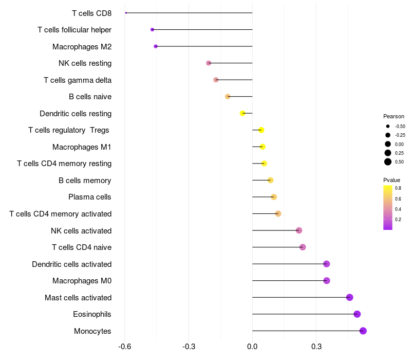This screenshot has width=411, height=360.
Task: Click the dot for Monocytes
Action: [363, 331]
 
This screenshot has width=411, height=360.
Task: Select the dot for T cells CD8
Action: [126, 13]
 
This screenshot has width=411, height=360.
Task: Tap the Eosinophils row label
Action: [92, 314]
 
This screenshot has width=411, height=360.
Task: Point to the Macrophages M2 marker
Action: [156, 46]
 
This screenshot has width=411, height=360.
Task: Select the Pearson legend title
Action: [394, 116]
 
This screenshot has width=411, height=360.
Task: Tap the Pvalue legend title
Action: [391, 180]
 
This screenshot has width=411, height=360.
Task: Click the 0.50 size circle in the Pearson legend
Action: [388, 162]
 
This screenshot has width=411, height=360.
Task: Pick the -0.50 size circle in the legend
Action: [388, 126]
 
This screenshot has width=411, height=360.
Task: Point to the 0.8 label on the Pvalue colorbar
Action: [398, 188]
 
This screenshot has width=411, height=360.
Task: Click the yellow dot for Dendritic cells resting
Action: [242, 113]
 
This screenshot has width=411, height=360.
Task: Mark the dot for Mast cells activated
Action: [350, 297]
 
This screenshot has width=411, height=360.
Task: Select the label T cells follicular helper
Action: [74, 30]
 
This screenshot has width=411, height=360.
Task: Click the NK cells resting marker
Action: [209, 63]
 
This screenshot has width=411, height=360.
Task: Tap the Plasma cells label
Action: [90, 197]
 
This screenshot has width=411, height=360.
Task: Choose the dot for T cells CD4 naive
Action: [303, 247]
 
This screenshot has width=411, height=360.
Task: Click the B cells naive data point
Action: [228, 97]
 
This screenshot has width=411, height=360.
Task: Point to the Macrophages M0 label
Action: [82, 281]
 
